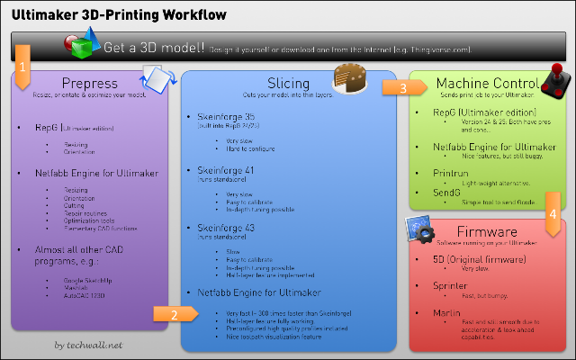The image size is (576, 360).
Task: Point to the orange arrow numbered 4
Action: [553, 220]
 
